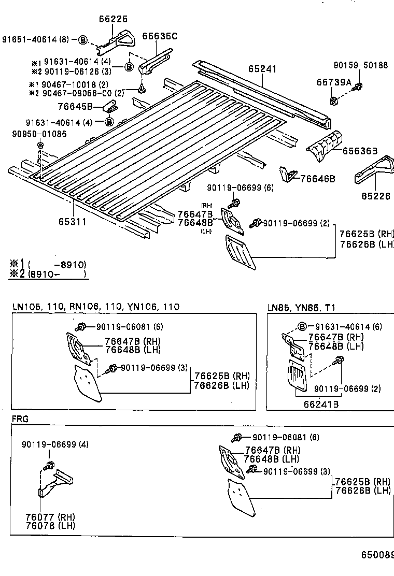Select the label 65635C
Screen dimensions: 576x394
[x=160, y=36]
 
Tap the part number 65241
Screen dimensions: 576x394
[x=262, y=69]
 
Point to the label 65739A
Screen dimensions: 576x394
[x=334, y=82]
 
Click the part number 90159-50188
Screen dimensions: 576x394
[x=360, y=65]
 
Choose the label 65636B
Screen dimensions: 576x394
[x=360, y=151]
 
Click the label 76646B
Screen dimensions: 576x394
[x=318, y=179]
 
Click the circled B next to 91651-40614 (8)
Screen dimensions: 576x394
[x=84, y=39]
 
